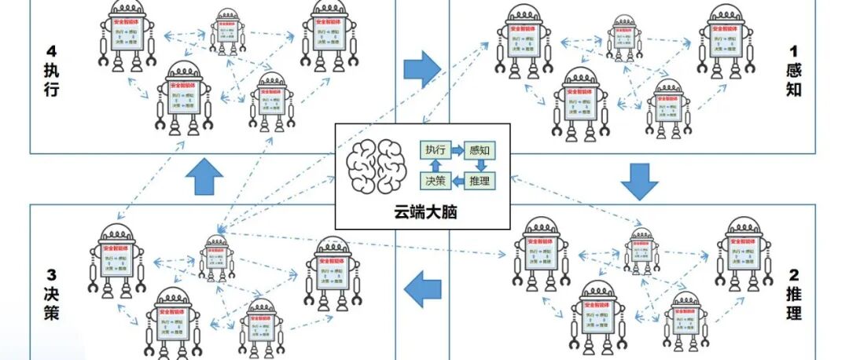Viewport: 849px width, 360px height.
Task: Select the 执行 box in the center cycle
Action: click(x=435, y=149)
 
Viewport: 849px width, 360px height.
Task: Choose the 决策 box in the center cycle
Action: click(x=435, y=181)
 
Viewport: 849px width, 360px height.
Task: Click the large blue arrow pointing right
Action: click(x=422, y=69)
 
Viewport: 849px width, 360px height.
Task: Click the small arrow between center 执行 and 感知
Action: click(x=457, y=149)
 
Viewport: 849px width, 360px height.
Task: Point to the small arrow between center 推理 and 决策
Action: click(x=457, y=182)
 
